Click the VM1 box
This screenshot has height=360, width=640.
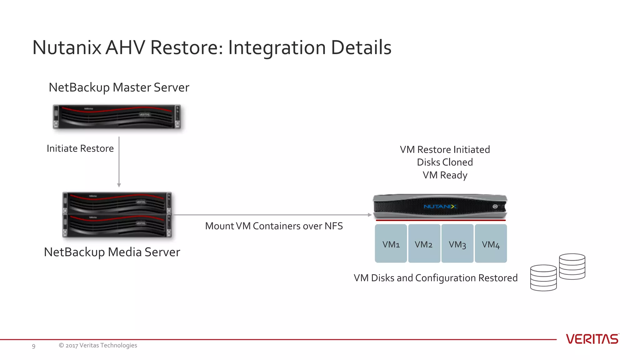391,243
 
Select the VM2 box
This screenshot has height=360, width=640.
424,243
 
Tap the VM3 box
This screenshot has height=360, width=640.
457,243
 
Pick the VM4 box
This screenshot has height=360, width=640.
491,243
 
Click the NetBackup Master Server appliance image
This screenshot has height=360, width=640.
117,117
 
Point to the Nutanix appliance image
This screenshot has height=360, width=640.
440,207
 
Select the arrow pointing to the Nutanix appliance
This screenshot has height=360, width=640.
272,215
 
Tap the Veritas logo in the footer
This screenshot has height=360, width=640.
592,339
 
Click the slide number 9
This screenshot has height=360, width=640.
34,346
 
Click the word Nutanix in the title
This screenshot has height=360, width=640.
67,47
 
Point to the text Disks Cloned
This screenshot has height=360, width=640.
445,162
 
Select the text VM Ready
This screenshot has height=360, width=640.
445,175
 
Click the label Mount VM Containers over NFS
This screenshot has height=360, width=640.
274,226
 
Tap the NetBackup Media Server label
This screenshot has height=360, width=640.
112,252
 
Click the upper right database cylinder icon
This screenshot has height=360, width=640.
572,266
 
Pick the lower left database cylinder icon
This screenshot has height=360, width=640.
543,278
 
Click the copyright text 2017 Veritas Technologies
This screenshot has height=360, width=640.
98,345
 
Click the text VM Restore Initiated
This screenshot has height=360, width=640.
445,149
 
